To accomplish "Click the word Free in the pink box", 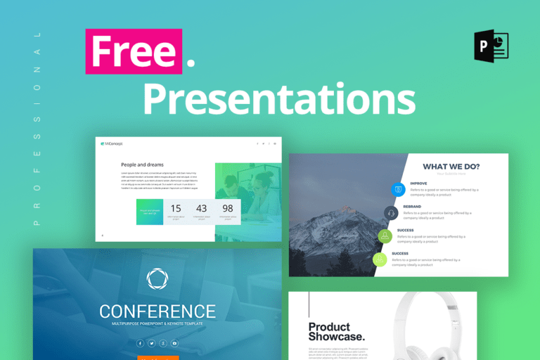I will coord(133,51).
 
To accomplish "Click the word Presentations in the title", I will coord(278,99).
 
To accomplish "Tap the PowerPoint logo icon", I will coord(491,46).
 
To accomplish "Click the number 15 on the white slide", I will coord(176,208).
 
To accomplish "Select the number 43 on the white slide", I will coord(202,208).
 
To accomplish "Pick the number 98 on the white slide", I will coord(227,208).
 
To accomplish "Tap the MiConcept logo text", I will coord(112,143).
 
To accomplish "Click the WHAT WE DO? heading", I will coord(451,167).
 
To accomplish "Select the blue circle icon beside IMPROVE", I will coord(398,188).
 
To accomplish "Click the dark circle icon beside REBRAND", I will coord(391,212).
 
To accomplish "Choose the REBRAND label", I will coord(412,207).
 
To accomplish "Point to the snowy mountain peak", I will coord(346,209).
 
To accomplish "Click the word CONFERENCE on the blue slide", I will coord(157,311).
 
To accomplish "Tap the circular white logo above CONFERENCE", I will coord(157,279).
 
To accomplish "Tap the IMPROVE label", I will coord(418,183).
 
